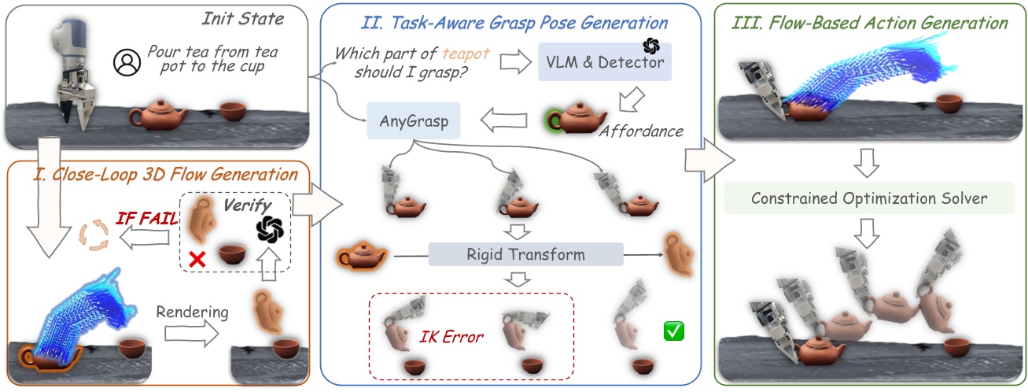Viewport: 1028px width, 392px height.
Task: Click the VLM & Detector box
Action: tap(605, 61)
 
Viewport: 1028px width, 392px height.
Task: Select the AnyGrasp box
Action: tap(414, 123)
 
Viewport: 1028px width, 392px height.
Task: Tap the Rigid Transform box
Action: tap(525, 254)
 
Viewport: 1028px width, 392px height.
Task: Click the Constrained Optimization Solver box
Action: tap(868, 198)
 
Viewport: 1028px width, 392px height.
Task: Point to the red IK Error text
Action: tap(451, 336)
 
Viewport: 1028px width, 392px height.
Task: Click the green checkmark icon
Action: tap(674, 331)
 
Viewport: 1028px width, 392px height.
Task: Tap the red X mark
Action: tap(197, 257)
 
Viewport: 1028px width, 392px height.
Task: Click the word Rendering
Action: tap(193, 312)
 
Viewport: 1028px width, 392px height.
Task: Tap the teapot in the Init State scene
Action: tap(158, 116)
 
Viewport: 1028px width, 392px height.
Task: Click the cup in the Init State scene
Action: tap(232, 111)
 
